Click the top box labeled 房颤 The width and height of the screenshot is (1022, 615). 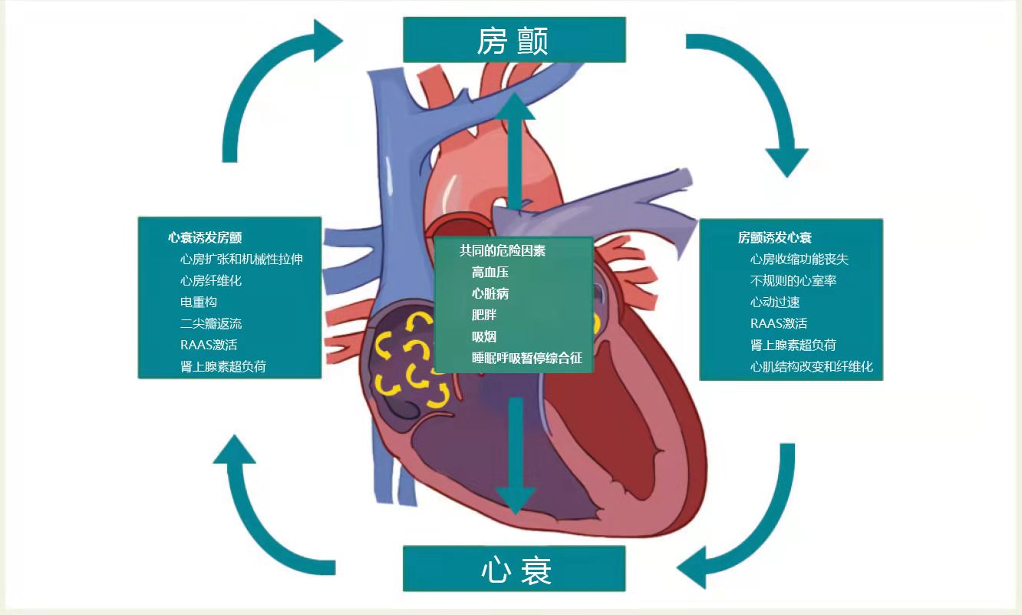[513, 40]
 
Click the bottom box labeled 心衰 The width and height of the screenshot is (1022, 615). [513, 569]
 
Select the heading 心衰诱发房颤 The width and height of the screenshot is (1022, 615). [205, 238]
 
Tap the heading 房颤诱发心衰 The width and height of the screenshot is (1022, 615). [774, 238]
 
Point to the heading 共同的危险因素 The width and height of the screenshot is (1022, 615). [502, 251]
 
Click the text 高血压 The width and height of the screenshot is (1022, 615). [490, 273]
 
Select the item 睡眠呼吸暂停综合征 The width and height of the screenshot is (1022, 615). [527, 359]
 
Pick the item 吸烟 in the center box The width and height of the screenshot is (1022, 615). [484, 337]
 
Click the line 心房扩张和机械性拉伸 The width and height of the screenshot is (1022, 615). [241, 260]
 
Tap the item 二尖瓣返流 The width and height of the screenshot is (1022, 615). [210, 324]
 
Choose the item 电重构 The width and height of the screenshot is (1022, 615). [199, 303]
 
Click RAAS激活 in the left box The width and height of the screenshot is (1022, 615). [209, 346]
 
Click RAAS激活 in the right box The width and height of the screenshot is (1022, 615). [778, 324]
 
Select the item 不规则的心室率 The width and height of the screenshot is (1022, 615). [793, 281]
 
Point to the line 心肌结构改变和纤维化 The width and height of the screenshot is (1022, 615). [811, 367]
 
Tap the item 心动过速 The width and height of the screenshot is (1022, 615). [775, 303]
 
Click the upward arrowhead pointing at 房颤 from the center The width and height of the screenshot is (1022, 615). [515, 107]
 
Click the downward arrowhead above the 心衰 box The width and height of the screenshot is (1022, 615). [515, 498]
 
